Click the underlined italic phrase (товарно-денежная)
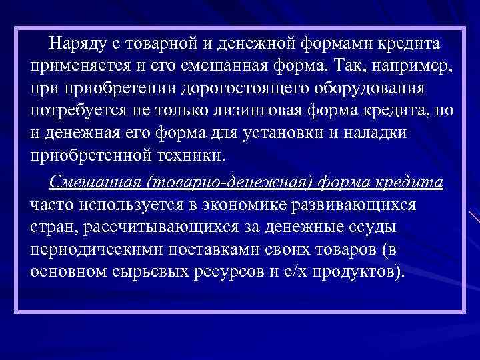coord(221,181)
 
